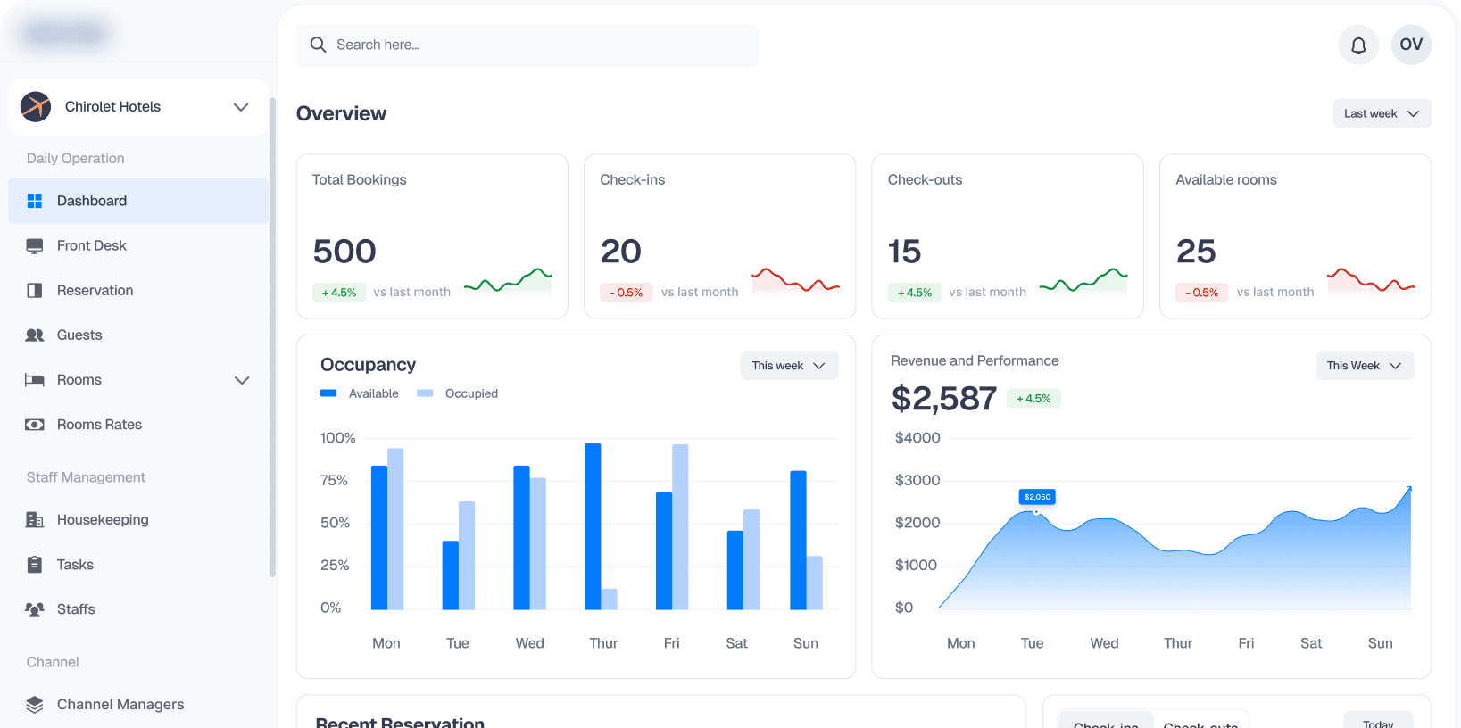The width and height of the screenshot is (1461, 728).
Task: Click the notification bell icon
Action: pyautogui.click(x=1358, y=45)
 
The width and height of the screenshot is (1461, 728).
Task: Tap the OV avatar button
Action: pyautogui.click(x=1411, y=45)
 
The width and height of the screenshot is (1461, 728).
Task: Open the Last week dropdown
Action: pyautogui.click(x=1382, y=113)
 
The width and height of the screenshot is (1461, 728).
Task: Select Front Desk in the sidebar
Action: pyautogui.click(x=91, y=245)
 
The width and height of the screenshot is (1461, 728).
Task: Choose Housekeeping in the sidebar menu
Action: pyautogui.click(x=102, y=520)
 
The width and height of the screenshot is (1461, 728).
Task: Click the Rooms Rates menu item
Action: pyautogui.click(x=99, y=425)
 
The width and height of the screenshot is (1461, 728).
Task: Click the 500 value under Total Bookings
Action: pyautogui.click(x=344, y=252)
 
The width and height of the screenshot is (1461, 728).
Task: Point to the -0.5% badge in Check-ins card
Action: pyautogui.click(x=627, y=293)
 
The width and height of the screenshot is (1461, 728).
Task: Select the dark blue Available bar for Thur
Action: pyautogui.click(x=593, y=526)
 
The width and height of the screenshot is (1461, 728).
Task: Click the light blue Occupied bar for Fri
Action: pyautogui.click(x=680, y=526)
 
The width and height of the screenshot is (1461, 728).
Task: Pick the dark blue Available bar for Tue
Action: pyautogui.click(x=451, y=575)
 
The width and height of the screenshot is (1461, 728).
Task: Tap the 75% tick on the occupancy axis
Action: pyautogui.click(x=334, y=480)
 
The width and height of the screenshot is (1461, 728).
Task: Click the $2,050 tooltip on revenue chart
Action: pyautogui.click(x=1037, y=497)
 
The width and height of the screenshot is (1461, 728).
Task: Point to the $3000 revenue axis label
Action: pyautogui.click(x=917, y=480)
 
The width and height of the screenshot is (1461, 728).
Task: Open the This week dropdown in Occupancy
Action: pyautogui.click(x=789, y=366)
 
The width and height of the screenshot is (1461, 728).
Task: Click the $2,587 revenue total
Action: pyautogui.click(x=943, y=398)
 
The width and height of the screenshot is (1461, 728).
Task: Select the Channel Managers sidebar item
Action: pyautogui.click(x=120, y=705)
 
